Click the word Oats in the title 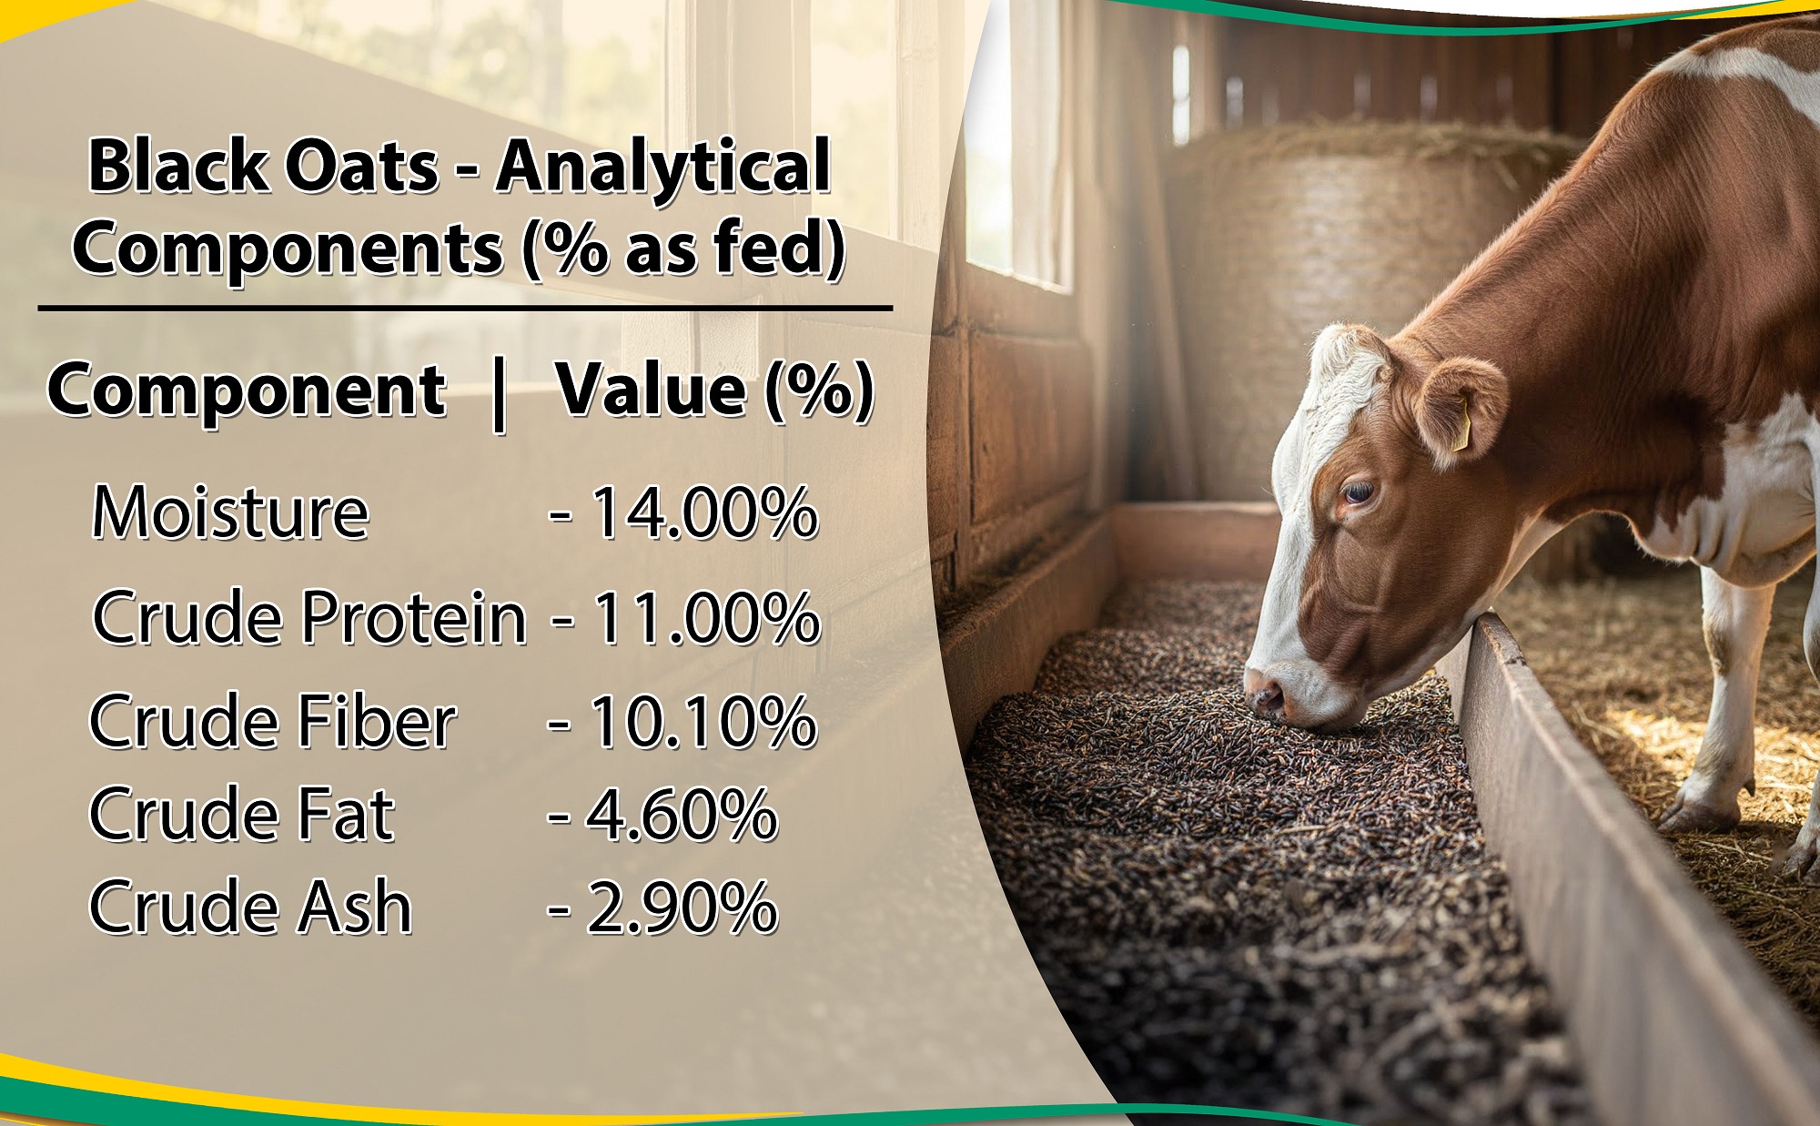[362, 167]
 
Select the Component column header [247, 392]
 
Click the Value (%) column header [715, 391]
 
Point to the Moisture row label [230, 512]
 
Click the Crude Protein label [309, 618]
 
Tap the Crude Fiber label [272, 721]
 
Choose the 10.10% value [703, 721]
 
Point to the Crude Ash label [251, 907]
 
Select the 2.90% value [682, 908]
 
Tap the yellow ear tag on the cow [1460, 426]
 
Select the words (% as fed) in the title [684, 248]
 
